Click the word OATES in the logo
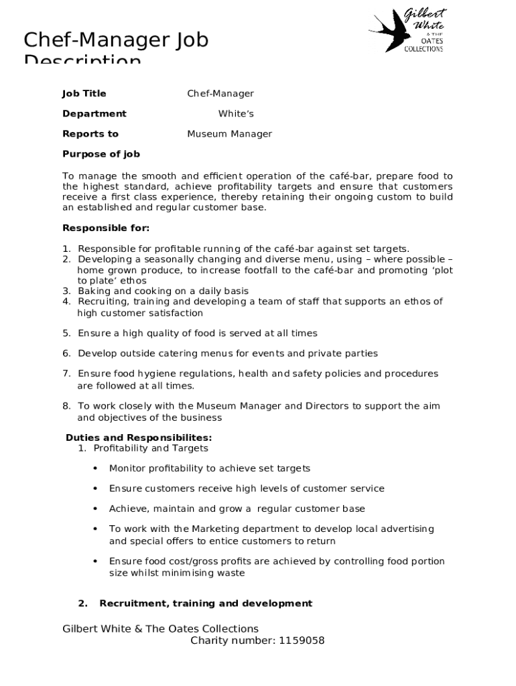(432, 41)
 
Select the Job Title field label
(84, 94)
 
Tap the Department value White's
(236, 114)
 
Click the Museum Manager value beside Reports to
(229, 134)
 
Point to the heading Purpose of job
(101, 154)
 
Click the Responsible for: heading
(106, 228)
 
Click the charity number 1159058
(300, 640)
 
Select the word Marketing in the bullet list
(214, 529)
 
